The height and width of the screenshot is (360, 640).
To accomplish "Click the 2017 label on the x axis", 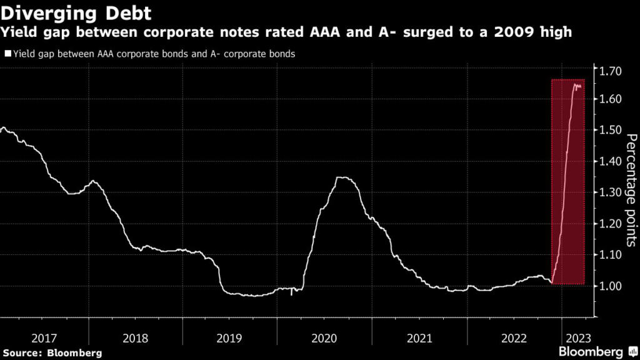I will pyautogui.click(x=44, y=338).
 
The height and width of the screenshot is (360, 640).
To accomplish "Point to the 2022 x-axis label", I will pyautogui.click(x=514, y=338).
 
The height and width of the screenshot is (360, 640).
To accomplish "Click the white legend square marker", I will pyautogui.click(x=7, y=54).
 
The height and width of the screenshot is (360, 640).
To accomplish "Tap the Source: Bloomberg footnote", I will pyautogui.click(x=51, y=353).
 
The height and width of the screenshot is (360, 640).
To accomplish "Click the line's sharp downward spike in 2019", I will pyautogui.click(x=292, y=294).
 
